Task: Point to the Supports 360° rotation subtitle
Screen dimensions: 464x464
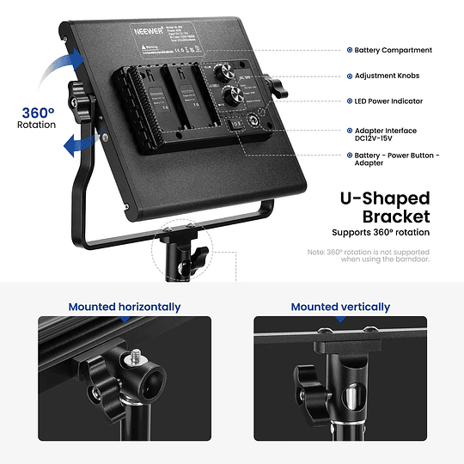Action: coord(381,233)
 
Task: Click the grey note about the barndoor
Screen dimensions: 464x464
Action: coord(369,255)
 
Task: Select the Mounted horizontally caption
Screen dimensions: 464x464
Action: coord(125,307)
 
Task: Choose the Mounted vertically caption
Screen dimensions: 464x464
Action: coord(340,307)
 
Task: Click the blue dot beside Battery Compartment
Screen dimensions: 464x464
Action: coord(348,51)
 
